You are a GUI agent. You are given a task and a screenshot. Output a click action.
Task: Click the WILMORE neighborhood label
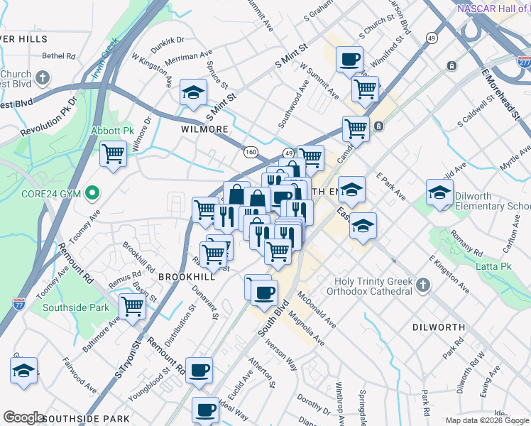pos(204,130)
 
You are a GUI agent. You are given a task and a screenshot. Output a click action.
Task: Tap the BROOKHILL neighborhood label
pos(187,276)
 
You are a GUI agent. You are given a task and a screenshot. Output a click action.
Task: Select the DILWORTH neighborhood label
pos(438,327)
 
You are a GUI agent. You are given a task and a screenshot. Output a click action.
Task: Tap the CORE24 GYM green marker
pos(92,192)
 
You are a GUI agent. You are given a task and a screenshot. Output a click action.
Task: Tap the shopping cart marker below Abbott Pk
pos(113,154)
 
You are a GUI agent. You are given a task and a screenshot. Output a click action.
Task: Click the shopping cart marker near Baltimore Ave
pos(132,306)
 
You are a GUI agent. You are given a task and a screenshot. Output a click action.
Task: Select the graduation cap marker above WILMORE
pos(192,93)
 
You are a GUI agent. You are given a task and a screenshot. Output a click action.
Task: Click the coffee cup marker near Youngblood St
pos(199,369)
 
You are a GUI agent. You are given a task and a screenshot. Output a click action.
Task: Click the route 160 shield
pos(251,151)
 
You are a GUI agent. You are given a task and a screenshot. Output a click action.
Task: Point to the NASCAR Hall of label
pos(493,9)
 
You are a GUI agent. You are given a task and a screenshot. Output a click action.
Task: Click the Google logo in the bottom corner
pos(23,417)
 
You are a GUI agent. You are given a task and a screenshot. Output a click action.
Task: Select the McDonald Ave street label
pos(317,309)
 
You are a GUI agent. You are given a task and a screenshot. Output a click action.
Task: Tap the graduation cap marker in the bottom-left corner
pos(24,371)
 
